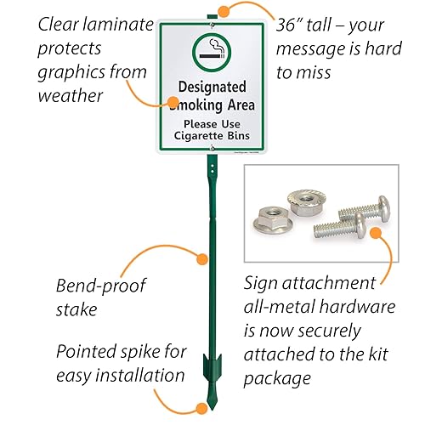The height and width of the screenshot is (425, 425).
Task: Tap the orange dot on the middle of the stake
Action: point(202,258)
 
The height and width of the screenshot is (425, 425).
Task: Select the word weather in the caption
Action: point(70,95)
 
